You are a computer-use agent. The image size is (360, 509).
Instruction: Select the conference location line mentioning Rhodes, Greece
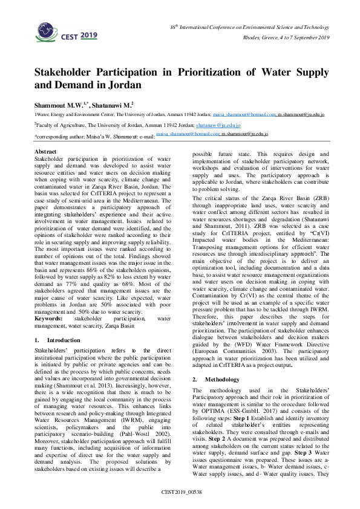(286, 38)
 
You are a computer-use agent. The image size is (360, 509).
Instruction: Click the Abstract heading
(46, 151)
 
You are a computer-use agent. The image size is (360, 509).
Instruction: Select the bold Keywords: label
(48, 317)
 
